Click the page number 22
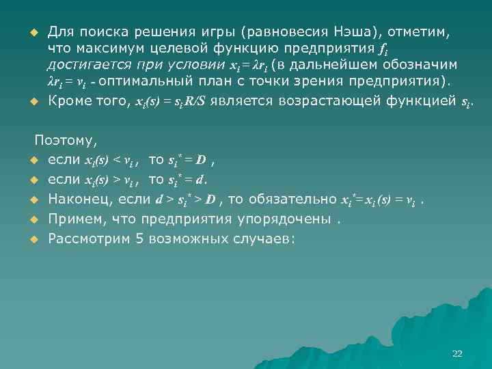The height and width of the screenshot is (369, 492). click(x=457, y=353)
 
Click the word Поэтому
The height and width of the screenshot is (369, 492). click(x=66, y=141)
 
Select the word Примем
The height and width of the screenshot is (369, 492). click(x=74, y=219)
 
